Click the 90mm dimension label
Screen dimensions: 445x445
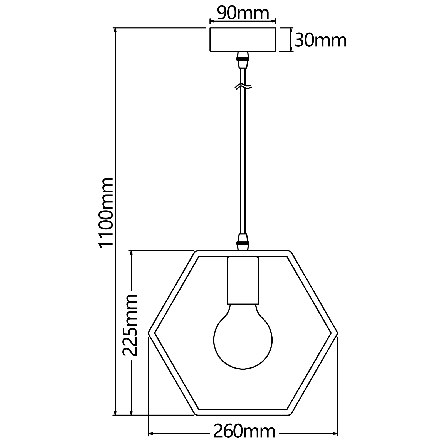coord(243,13)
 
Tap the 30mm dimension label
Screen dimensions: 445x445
coord(321,41)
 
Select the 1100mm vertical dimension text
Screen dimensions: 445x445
coord(106,212)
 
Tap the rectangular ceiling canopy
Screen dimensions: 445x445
coord(243,39)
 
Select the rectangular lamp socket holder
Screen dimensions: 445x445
coord(243,280)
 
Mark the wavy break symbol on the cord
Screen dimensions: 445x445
coord(243,87)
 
